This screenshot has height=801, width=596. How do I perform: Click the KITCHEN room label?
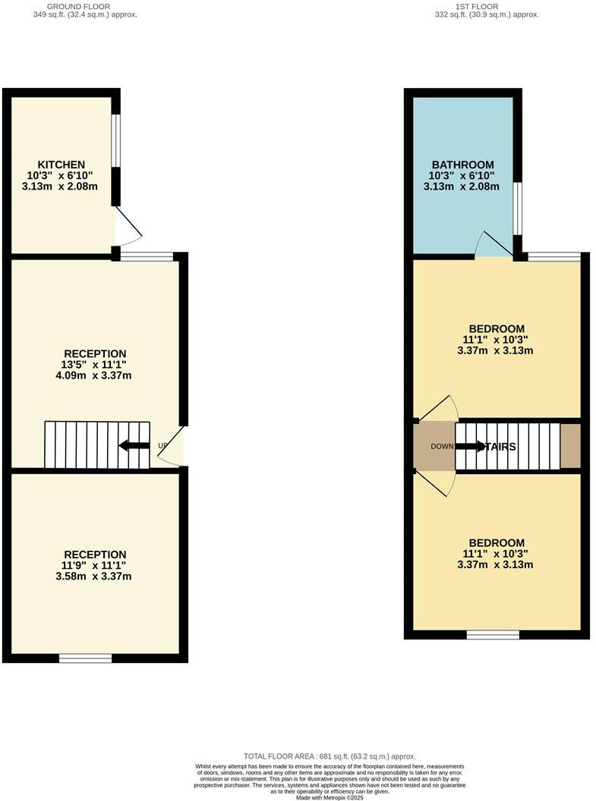pyautogui.click(x=61, y=165)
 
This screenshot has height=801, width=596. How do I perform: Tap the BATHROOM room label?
pyautogui.click(x=462, y=165)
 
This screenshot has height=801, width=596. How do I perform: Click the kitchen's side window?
pyautogui.click(x=116, y=140)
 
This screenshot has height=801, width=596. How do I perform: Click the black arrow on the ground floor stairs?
pyautogui.click(x=134, y=445)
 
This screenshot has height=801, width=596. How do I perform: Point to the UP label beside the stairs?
pyautogui.click(x=162, y=446)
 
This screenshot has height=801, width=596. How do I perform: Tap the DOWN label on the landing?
pyautogui.click(x=442, y=446)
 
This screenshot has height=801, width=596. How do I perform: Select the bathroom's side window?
pyautogui.click(x=517, y=208)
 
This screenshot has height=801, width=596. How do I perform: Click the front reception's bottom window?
pyautogui.click(x=85, y=658)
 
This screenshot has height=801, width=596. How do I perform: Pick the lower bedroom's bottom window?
pyautogui.click(x=493, y=634)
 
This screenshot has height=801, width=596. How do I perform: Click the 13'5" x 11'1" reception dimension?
pyautogui.click(x=95, y=365)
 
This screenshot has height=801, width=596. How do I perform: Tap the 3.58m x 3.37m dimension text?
pyautogui.click(x=95, y=576)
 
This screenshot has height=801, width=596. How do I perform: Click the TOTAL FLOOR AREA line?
pyautogui.click(x=330, y=756)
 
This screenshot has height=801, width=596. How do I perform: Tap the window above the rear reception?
pyautogui.click(x=147, y=256)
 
